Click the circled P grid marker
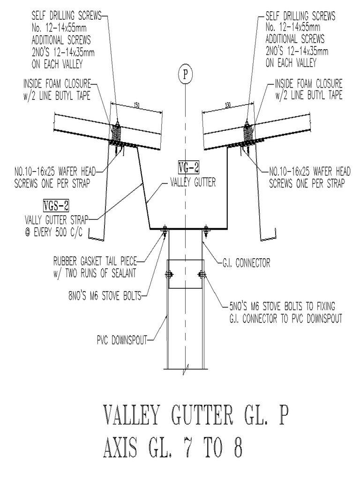coord(186,74)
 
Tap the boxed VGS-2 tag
coord(55,205)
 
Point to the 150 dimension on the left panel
coord(136,105)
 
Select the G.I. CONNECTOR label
coord(245,263)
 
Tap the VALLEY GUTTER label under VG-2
coord(192,183)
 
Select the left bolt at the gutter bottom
coord(165,230)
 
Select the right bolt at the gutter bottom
coord(206,230)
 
